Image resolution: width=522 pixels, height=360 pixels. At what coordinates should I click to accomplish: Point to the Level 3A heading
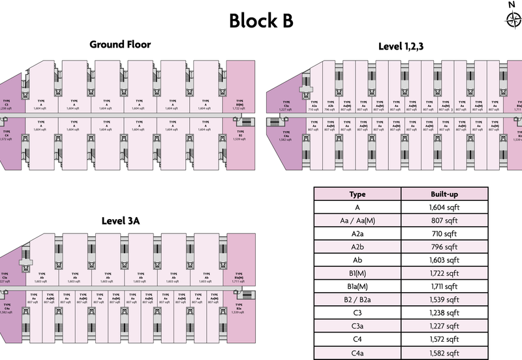(120, 221)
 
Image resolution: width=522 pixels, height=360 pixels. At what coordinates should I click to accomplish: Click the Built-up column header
(444, 195)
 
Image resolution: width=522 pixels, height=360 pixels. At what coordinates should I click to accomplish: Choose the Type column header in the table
(357, 195)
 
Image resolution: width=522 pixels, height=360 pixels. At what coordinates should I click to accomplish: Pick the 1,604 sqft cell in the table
(444, 208)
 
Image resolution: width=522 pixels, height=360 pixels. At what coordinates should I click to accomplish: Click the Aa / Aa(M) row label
(357, 221)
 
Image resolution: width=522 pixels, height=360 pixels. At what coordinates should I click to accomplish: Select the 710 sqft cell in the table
(444, 234)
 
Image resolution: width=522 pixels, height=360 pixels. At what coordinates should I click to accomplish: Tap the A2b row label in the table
(357, 247)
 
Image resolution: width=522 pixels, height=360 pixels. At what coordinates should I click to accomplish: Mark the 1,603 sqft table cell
(444, 260)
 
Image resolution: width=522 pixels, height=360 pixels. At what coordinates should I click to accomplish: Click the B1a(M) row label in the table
(357, 286)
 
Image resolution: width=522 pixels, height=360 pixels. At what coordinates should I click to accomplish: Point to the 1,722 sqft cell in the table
(444, 273)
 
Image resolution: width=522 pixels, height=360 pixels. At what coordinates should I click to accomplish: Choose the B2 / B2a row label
(357, 299)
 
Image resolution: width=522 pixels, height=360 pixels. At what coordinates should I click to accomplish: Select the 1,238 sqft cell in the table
(444, 312)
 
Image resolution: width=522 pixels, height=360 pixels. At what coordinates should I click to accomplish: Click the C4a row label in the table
(357, 352)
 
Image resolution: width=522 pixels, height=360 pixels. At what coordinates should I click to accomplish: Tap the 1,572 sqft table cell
(444, 338)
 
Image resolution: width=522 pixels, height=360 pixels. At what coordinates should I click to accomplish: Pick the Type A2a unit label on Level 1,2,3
(314, 106)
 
